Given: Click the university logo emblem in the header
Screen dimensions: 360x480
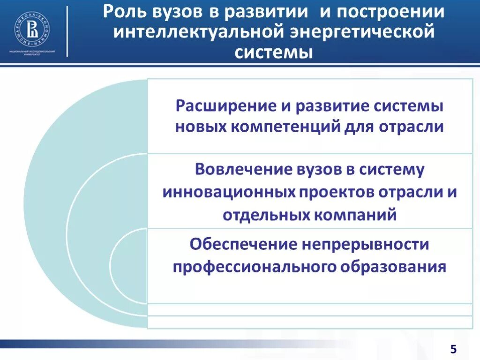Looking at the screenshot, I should (32, 27).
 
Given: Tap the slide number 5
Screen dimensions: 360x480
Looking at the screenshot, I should (453, 348).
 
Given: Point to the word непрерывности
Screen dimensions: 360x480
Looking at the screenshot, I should (366, 244).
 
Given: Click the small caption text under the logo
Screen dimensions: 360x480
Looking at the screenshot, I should (32, 52).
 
